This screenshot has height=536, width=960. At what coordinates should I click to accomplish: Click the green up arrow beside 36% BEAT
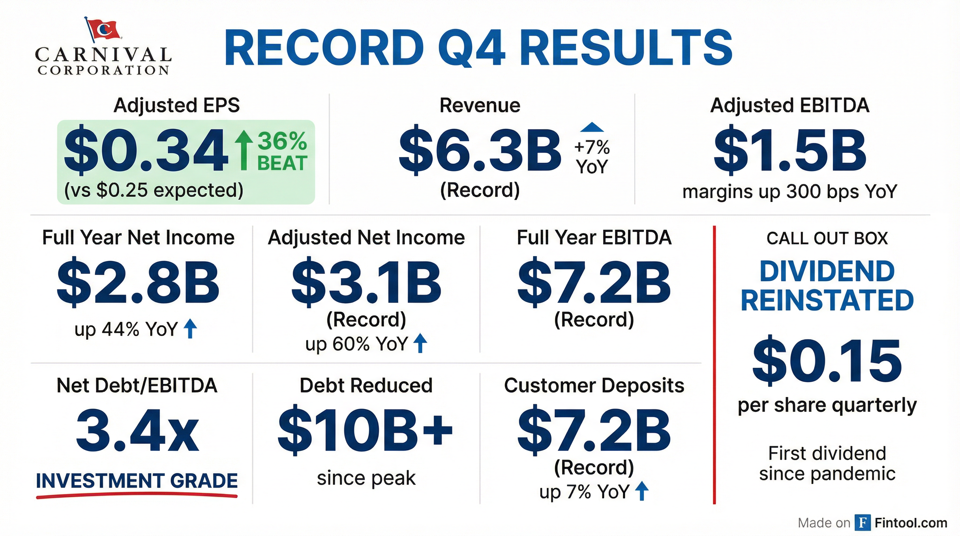[x=244, y=149]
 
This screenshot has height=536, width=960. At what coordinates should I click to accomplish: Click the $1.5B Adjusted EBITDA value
[x=790, y=151]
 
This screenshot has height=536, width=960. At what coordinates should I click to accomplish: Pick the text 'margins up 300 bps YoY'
[x=790, y=192]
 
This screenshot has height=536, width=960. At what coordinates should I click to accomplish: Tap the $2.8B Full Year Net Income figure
[x=138, y=282]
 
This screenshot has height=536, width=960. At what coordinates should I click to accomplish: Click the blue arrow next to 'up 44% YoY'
[x=190, y=328]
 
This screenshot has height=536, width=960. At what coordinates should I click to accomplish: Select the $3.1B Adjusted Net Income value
[x=366, y=282]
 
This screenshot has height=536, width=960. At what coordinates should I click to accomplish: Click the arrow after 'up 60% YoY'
[x=420, y=343]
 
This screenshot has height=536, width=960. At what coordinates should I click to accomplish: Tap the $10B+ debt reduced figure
[x=366, y=431]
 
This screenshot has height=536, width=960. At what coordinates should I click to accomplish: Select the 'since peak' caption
[x=366, y=478]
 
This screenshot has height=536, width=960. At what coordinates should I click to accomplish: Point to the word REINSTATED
[x=827, y=300]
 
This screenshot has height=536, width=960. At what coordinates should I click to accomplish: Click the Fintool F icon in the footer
[x=862, y=523]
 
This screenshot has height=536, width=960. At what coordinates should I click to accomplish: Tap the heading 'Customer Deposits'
[x=594, y=385]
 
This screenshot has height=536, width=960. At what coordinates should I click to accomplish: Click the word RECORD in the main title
[x=323, y=49]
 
